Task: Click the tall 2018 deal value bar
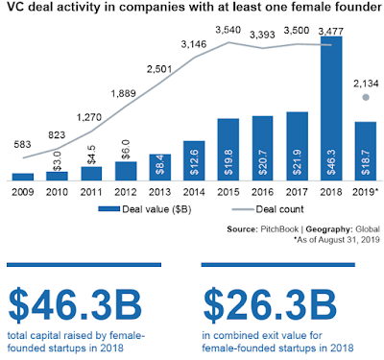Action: tap(331, 108)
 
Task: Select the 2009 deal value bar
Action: tap(23, 177)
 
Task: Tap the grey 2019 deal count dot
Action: tap(366, 97)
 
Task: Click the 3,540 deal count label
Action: tap(228, 30)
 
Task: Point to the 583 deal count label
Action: tap(22, 145)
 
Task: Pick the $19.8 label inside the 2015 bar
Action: tap(228, 162)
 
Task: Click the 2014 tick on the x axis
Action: tap(194, 192)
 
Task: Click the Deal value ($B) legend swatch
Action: tap(108, 209)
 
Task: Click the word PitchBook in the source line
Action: tap(279, 229)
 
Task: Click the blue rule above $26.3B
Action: tap(278, 265)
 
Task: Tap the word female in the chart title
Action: tap(313, 7)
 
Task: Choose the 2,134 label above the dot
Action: tap(366, 84)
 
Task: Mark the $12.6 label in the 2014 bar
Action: tap(194, 162)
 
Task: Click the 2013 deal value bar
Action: tap(159, 167)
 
